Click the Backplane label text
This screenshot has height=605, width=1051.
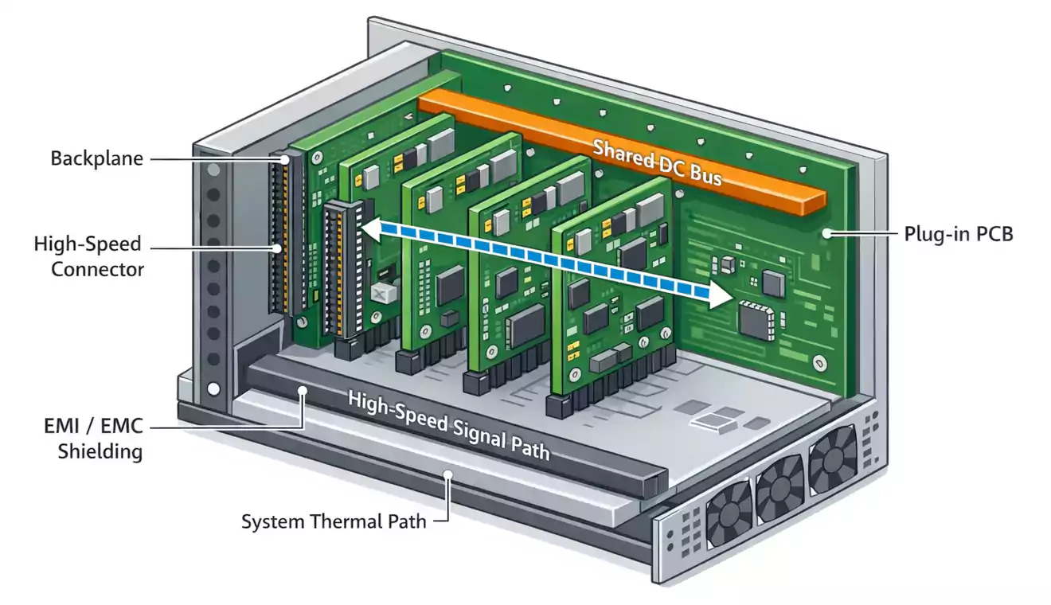point(96,158)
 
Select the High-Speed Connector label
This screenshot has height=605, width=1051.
point(88,256)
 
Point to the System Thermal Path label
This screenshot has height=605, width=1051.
point(334,522)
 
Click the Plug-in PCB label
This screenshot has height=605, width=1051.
point(959,234)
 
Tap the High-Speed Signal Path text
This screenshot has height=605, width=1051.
point(447,425)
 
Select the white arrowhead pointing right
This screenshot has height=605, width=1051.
point(718,297)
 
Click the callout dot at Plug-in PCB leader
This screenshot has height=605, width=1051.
point(828,233)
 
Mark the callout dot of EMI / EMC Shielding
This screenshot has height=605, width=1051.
point(303,390)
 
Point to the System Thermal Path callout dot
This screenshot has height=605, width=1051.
point(448,475)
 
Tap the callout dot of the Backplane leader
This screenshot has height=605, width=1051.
point(285,159)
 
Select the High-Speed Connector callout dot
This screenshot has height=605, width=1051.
point(276,248)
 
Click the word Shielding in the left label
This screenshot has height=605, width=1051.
point(101,451)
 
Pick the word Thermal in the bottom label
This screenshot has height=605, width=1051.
point(343,522)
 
